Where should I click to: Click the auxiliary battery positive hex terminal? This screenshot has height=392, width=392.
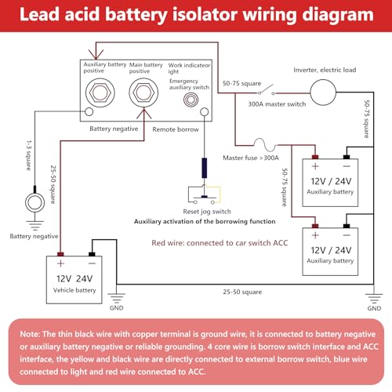pyautogui.click(x=100, y=93)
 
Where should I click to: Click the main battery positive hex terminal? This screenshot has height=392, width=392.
pyautogui.click(x=143, y=93)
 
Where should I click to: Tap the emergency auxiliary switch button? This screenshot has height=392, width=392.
pyautogui.click(x=191, y=100)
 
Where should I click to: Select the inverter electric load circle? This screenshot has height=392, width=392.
pyautogui.click(x=323, y=93)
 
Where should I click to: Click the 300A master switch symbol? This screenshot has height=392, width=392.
pyautogui.click(x=266, y=90)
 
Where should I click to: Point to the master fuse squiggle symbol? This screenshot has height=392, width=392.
pyautogui.click(x=265, y=145)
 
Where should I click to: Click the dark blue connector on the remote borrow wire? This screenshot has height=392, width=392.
pyautogui.click(x=205, y=168)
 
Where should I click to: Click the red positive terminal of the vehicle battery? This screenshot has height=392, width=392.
pyautogui.click(x=60, y=254)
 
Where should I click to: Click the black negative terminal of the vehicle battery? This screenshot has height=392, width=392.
pyautogui.click(x=92, y=254)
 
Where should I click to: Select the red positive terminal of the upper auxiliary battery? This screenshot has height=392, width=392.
pyautogui.click(x=315, y=157)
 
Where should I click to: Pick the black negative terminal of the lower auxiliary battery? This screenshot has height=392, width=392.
pyautogui.click(x=347, y=226)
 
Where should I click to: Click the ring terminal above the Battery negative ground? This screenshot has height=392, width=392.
pyautogui.click(x=34, y=202)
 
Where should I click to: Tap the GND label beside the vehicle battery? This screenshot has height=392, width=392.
pyautogui.click(x=116, y=308)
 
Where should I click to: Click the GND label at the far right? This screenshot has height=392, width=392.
pyautogui.click(x=374, y=308)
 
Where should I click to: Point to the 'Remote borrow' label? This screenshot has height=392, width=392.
pyautogui.click(x=176, y=129)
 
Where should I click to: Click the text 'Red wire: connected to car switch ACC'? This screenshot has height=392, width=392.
pyautogui.click(x=220, y=243)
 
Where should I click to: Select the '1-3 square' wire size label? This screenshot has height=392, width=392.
pyautogui.click(x=29, y=155)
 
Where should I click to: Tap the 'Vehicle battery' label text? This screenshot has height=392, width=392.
pyautogui.click(x=74, y=290)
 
